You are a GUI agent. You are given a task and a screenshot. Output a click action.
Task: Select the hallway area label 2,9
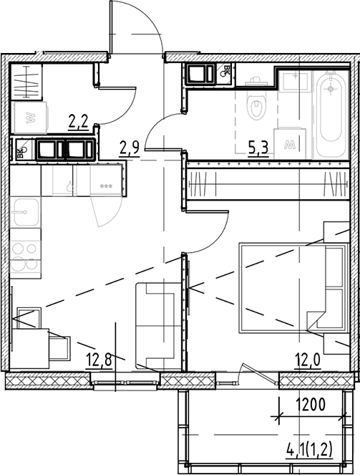pos(129,148)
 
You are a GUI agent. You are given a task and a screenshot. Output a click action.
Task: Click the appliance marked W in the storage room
pos(29,117)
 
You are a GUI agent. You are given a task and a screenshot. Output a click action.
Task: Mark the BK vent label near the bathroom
pos(226,72)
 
